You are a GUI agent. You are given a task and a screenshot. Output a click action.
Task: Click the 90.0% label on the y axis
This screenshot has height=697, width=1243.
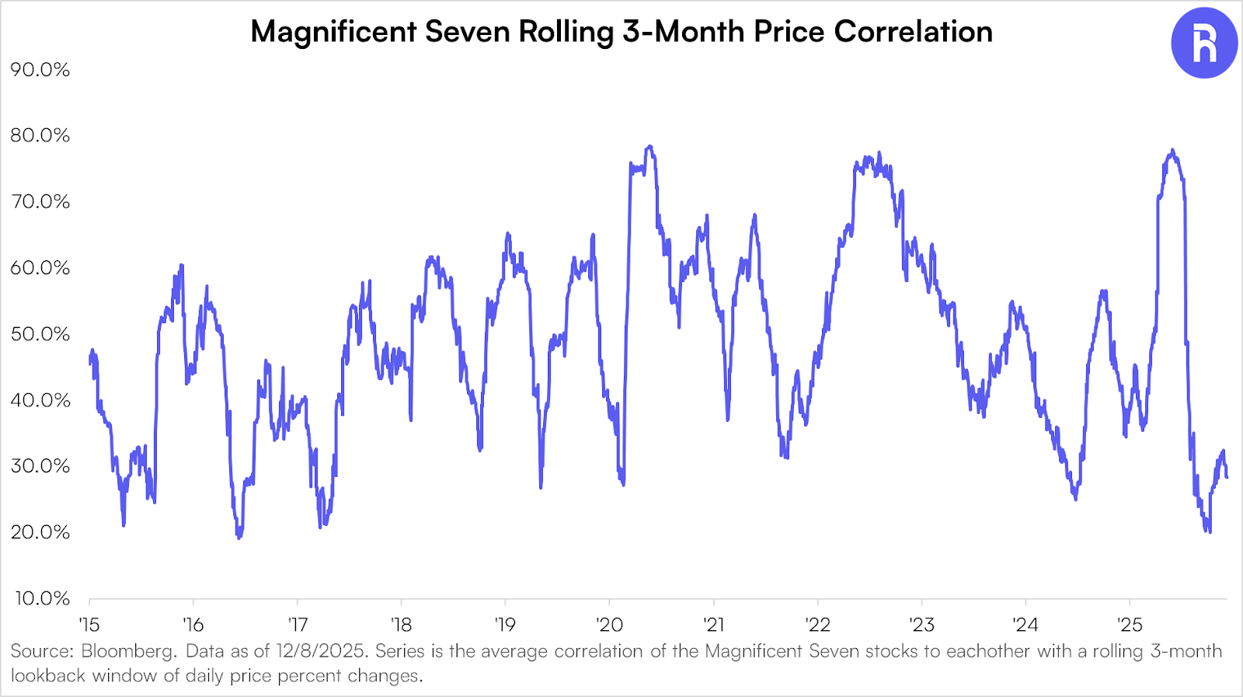point(40,70)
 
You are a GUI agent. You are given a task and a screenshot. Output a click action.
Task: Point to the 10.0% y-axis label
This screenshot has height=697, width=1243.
point(42,598)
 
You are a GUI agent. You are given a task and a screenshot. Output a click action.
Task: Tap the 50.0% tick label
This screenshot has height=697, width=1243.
point(40,334)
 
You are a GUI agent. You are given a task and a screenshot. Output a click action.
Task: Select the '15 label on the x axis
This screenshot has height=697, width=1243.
point(89,624)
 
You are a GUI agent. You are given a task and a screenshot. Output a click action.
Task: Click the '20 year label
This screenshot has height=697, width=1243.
point(610,624)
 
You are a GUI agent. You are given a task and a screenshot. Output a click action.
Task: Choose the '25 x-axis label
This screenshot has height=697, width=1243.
point(1130,624)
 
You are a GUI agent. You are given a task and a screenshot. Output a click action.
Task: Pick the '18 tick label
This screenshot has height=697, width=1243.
point(402,624)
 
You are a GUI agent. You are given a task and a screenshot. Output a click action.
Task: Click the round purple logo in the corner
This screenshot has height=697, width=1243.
point(1203,44)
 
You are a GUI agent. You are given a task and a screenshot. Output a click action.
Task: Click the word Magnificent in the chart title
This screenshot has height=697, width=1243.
point(334,32)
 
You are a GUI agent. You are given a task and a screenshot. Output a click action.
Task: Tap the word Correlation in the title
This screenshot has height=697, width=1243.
point(913,32)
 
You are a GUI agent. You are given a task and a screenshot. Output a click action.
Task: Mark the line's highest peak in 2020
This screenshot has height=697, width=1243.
point(649,146)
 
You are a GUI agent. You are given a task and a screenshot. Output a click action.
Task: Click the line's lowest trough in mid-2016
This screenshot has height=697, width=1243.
point(239,537)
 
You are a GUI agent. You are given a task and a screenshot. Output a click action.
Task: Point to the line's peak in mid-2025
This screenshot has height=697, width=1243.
point(1172,150)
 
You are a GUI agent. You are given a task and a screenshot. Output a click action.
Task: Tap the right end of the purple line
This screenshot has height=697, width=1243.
point(1227,477)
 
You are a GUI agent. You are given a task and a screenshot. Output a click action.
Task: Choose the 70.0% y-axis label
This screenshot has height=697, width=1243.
point(40,202)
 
